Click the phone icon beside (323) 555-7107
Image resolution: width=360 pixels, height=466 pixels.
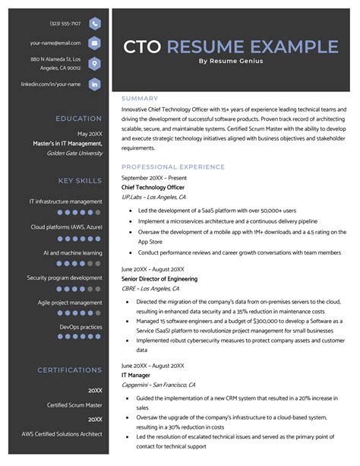click(93, 23)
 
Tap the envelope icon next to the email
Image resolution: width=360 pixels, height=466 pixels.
click(93, 43)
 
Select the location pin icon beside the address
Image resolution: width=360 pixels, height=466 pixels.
click(93, 63)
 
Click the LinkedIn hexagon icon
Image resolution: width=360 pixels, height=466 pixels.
click(93, 84)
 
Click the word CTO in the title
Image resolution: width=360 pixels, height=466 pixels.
click(142, 47)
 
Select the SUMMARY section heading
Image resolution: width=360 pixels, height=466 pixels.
click(140, 99)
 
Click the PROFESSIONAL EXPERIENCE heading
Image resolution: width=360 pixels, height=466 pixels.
click(173, 166)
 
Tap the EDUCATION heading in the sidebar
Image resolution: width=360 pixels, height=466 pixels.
click(78, 119)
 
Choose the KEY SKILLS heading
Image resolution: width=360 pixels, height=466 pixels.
click(80, 181)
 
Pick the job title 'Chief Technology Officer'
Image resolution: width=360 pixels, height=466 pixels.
click(153, 187)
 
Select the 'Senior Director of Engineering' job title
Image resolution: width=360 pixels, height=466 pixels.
click(159, 279)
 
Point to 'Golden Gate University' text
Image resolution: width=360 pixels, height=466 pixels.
click(74, 153)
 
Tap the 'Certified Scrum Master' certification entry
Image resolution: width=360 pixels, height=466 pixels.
click(74, 405)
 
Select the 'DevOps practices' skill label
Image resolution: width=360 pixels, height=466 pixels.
click(81, 327)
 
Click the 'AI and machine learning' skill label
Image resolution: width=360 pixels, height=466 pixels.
click(72, 252)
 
